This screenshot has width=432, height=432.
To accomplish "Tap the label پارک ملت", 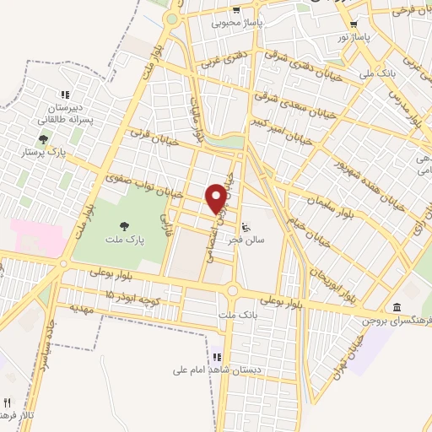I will tap(125, 240).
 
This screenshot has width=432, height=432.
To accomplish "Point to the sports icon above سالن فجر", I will tap(246, 226).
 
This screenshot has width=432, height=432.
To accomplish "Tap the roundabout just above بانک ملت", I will tap(233, 292).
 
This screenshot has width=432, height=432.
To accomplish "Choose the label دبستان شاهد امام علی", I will tap(215, 369).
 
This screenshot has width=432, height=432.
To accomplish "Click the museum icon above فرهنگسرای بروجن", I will tap(397, 305).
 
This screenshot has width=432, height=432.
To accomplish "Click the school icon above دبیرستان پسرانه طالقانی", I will tap(62, 94).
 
